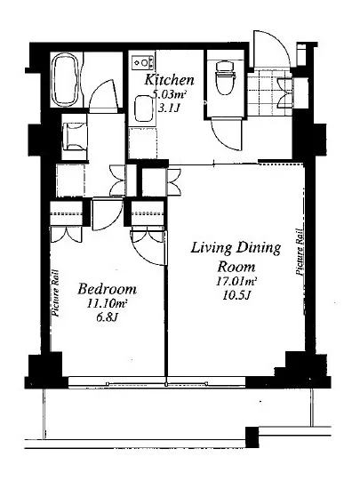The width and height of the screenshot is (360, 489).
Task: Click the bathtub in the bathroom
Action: pos(65,80)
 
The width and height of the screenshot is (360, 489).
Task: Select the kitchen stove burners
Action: pos(143,63)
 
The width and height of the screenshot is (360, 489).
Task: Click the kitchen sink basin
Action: pos(143,108)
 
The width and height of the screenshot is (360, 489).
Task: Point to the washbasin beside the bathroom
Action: pos(74,137)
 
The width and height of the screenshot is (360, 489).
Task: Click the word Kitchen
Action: pos(169,80)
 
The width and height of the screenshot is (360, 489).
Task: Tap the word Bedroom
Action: pos(107,289)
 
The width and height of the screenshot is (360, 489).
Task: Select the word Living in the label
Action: pos(211,248)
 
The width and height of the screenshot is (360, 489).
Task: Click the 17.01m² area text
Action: pos(236,282)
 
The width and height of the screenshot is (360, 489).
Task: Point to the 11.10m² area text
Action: pos(107,303)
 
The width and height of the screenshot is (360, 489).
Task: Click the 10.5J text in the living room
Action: pos(236,295)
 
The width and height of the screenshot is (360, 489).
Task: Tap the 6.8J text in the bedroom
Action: pos(107,317)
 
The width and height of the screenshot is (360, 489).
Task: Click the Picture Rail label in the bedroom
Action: pos(56,293)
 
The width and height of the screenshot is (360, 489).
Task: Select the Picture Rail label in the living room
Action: pos(300,252)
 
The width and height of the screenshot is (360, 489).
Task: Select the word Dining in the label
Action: pos(258,248)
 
